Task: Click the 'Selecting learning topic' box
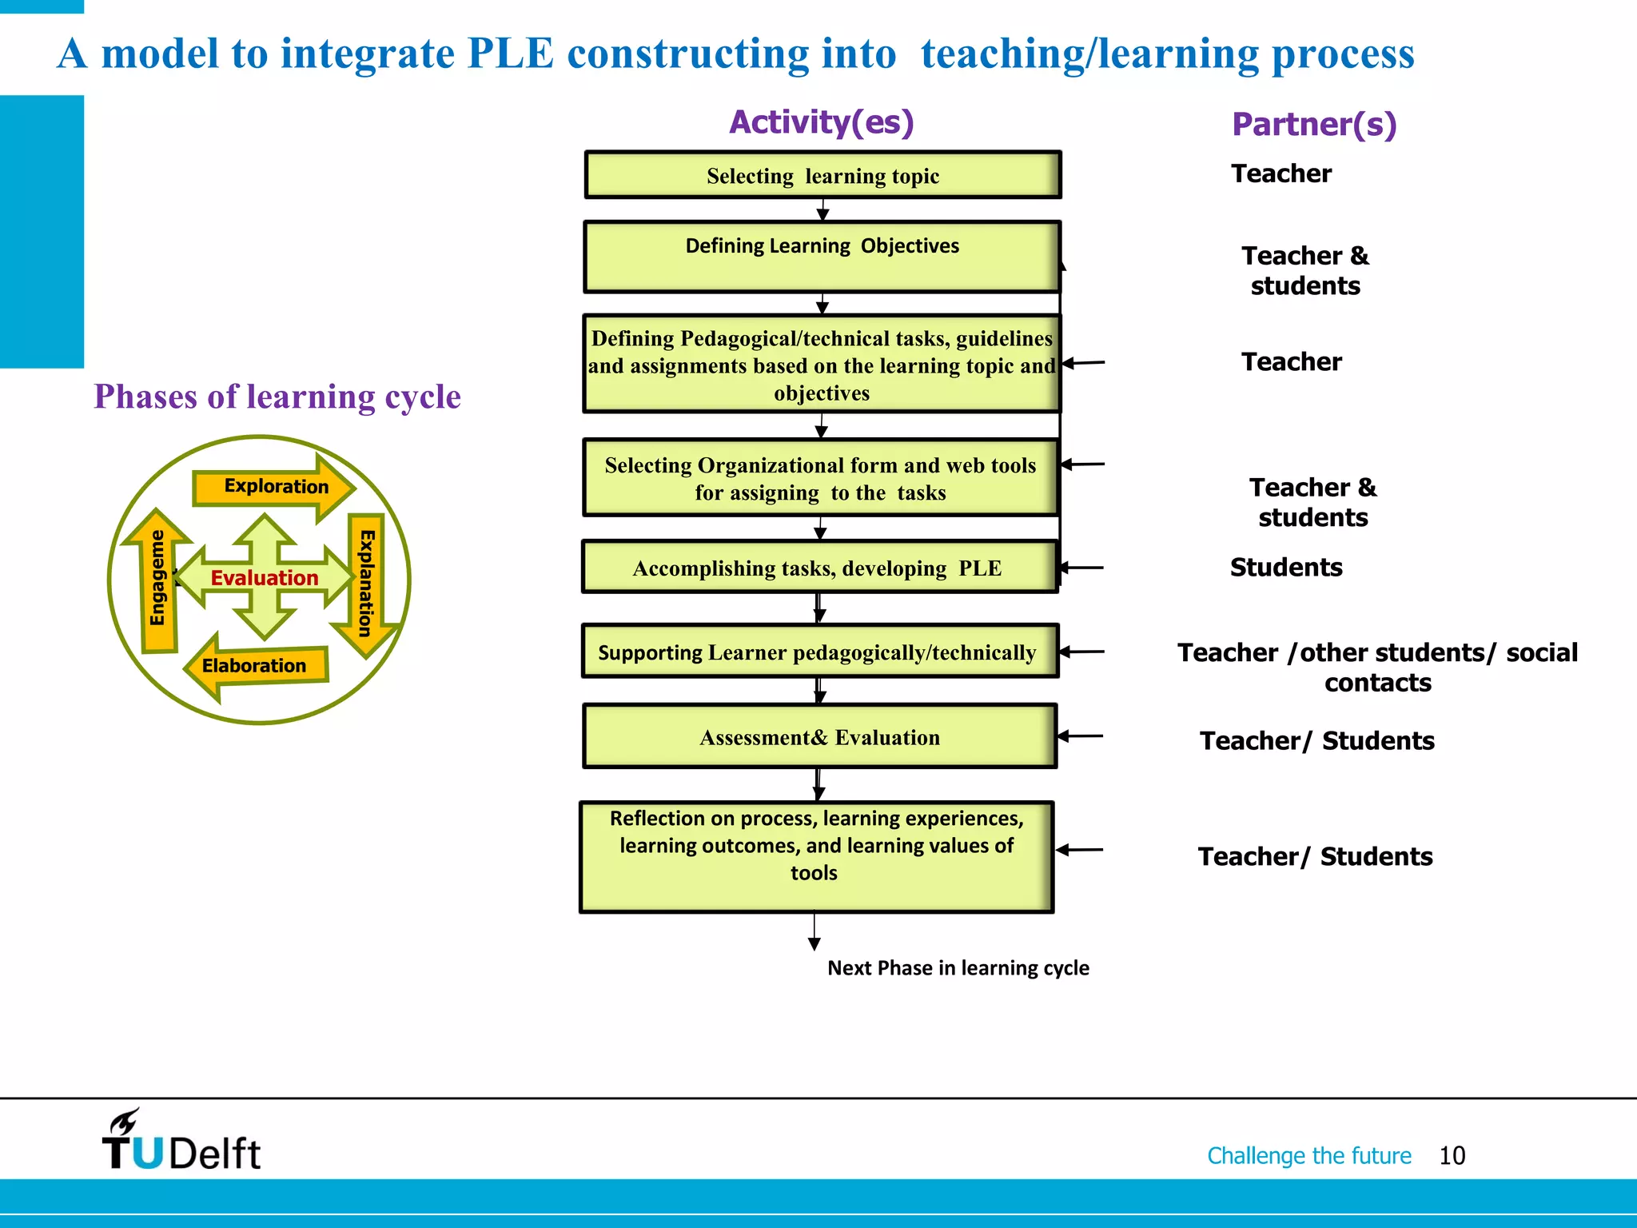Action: pyautogui.click(x=822, y=175)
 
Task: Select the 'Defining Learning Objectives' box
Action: pyautogui.click(x=822, y=257)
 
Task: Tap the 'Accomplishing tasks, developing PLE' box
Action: pyautogui.click(x=819, y=568)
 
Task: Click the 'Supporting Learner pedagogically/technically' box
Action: pyautogui.click(x=819, y=652)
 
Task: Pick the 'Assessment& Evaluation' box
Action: pyautogui.click(x=819, y=736)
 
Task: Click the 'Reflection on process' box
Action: pyautogui.click(x=816, y=856)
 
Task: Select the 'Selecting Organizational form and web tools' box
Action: pyautogui.click(x=820, y=478)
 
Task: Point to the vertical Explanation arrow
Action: pyautogui.click(x=366, y=584)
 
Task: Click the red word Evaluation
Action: pyautogui.click(x=264, y=578)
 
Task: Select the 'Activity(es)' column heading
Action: pyautogui.click(x=821, y=122)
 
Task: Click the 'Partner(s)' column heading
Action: pyautogui.click(x=1313, y=125)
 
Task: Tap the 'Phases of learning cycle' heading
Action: pyautogui.click(x=277, y=397)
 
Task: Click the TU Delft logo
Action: pyautogui.click(x=181, y=1141)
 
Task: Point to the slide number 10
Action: pyautogui.click(x=1452, y=1155)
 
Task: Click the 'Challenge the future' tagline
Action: pyautogui.click(x=1308, y=1155)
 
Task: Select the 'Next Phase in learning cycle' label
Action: pyautogui.click(x=958, y=968)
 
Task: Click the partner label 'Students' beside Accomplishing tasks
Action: pyautogui.click(x=1285, y=568)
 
